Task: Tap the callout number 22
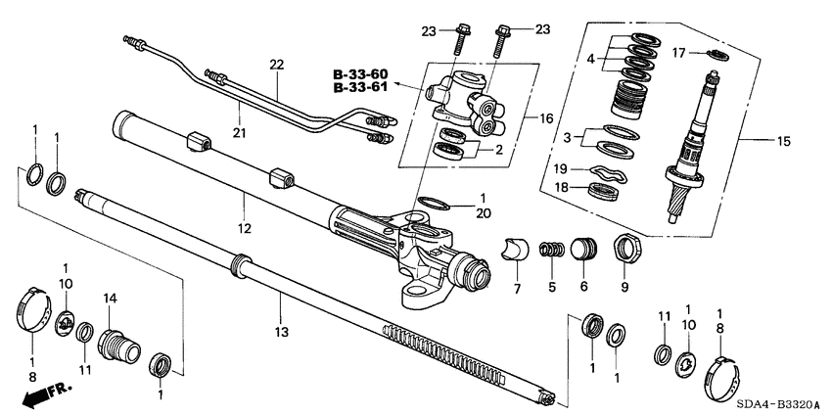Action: (276, 65)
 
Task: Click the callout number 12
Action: (244, 229)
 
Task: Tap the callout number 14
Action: (110, 296)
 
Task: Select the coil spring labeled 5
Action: (552, 252)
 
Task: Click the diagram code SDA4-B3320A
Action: (778, 404)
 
